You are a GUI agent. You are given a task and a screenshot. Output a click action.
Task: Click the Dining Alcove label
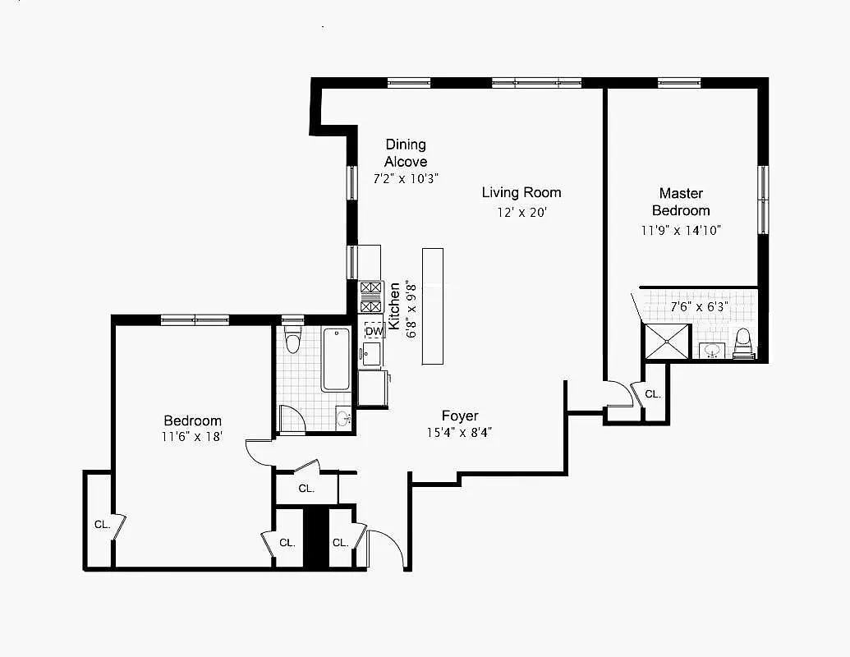406,153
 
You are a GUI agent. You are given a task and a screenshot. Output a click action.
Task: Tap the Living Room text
521,192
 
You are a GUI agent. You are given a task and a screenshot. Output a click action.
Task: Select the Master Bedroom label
681,201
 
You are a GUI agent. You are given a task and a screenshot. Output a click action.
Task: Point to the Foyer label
460,416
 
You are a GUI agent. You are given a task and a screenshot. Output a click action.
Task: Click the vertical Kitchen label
395,306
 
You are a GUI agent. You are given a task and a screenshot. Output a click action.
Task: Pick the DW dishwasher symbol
374,331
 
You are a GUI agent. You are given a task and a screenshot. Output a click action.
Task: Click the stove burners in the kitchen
371,297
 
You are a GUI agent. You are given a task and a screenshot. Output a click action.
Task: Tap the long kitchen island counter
433,306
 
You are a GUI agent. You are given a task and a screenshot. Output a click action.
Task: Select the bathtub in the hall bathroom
336,360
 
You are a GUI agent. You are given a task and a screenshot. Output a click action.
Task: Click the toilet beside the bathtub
292,340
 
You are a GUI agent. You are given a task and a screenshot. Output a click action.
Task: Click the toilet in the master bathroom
743,342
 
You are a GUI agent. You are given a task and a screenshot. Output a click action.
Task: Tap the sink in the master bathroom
712,351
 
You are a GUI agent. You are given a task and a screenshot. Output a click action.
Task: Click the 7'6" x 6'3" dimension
700,307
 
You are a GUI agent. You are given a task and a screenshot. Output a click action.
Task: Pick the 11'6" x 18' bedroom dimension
192,438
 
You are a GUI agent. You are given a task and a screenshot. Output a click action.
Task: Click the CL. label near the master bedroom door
653,394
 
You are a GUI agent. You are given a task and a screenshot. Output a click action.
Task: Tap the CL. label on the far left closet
102,524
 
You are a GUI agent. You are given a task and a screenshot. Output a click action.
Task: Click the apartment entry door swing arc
388,547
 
